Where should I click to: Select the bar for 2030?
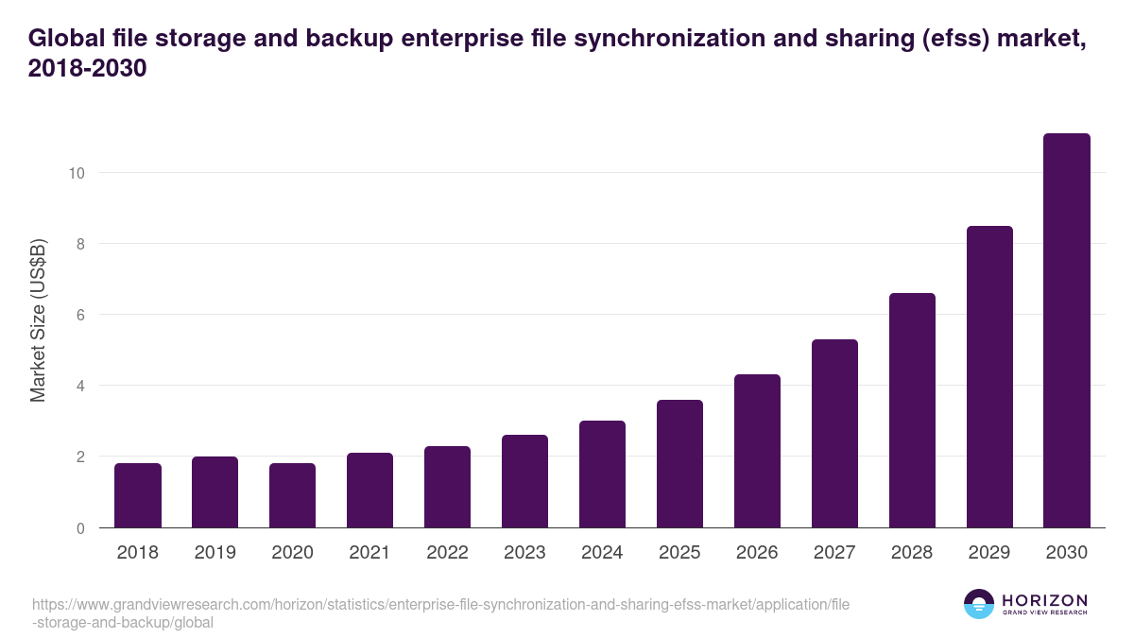(x=1067, y=331)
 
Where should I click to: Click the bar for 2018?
(x=138, y=495)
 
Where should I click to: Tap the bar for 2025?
(x=679, y=463)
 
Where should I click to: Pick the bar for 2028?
(x=912, y=410)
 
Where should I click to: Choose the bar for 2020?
(x=292, y=495)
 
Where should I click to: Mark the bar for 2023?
(x=524, y=481)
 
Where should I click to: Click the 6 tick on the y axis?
(x=82, y=315)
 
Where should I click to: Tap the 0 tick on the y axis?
(x=82, y=528)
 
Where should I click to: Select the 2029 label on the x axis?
(x=989, y=553)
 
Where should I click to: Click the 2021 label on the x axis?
(x=369, y=553)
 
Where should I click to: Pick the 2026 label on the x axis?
(x=757, y=553)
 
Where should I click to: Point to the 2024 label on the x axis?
(x=602, y=553)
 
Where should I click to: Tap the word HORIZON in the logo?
(x=1044, y=600)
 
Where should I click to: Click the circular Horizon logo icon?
(x=979, y=604)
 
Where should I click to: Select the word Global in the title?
(x=64, y=38)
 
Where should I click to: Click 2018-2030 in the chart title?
(x=87, y=69)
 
